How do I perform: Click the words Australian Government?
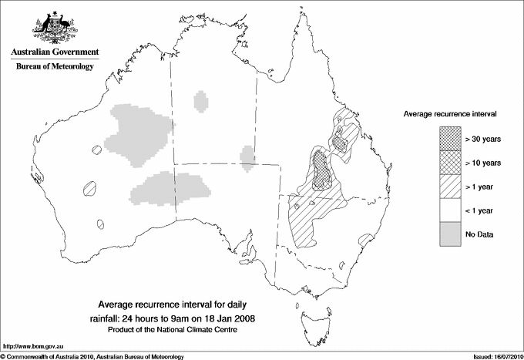[x=54, y=52]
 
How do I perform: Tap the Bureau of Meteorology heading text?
[x=54, y=67]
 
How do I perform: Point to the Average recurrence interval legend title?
[x=450, y=113]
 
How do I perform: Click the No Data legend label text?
[x=479, y=234]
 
